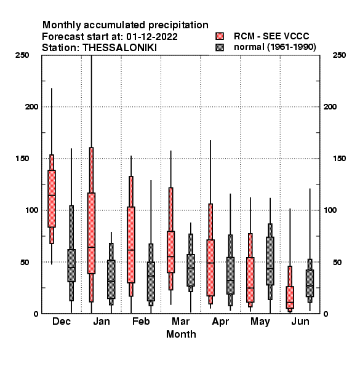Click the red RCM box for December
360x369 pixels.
click(52, 199)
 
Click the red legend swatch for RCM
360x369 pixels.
click(220, 36)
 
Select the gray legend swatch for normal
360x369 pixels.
click(220, 47)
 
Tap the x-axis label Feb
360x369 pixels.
click(141, 321)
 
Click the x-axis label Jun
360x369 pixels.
click(300, 321)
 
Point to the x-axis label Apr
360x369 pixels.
click(220, 322)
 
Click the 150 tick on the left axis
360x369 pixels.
click(22, 159)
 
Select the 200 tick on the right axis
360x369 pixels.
click(330, 106)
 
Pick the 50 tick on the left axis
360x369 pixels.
click(25, 262)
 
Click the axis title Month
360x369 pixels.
click(181, 334)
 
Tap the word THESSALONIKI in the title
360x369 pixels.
click(119, 48)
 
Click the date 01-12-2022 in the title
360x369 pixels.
click(152, 37)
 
